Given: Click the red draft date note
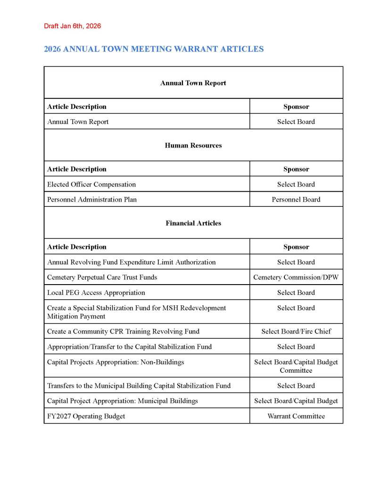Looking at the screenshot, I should [x=72, y=26].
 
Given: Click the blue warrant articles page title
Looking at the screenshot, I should [x=154, y=49].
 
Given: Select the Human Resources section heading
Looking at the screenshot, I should [x=193, y=145].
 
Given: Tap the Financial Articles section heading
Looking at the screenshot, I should [x=193, y=223].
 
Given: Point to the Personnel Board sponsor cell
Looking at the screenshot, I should [x=296, y=199].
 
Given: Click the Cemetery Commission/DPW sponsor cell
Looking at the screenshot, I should [x=296, y=277].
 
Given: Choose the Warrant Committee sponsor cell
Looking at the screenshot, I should [x=296, y=416].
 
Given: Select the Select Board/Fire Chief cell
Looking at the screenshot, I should [x=296, y=331].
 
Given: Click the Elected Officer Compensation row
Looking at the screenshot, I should [x=91, y=184].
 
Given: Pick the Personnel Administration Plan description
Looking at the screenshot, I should [x=92, y=199].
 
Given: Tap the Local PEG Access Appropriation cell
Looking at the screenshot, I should [x=96, y=293].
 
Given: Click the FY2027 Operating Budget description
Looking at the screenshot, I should [x=86, y=416].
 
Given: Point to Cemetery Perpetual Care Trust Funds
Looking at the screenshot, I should [x=102, y=277].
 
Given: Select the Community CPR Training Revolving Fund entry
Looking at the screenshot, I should [x=123, y=331].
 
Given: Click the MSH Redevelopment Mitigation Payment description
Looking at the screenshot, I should [x=136, y=312].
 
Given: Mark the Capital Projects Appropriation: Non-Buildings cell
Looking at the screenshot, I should [x=116, y=362].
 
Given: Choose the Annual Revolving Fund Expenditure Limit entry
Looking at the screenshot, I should [x=131, y=262].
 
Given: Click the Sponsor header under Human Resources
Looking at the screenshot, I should [x=296, y=169].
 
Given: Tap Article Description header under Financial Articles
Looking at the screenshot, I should [x=77, y=246].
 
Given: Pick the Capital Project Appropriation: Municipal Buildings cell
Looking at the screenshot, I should [x=123, y=401].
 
